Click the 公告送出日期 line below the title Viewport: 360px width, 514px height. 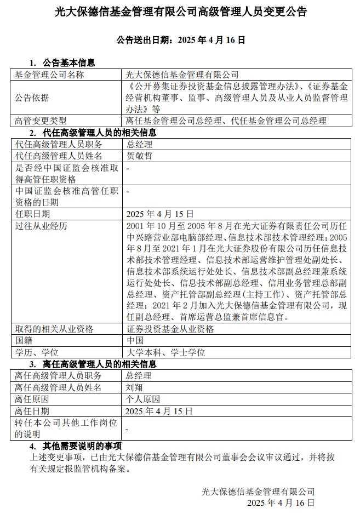click(181, 40)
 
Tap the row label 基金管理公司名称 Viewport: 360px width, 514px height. click(49, 75)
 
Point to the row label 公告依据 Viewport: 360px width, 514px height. click(32, 98)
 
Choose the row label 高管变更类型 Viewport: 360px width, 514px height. click(41, 121)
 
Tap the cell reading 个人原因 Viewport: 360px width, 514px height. click(141, 399)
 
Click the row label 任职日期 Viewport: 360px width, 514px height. click(32, 214)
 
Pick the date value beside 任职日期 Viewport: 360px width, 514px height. click(159, 214)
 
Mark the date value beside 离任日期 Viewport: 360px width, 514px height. click(159, 410)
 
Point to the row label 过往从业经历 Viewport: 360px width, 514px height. click(41, 225)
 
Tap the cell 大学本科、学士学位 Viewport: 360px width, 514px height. click(165, 352)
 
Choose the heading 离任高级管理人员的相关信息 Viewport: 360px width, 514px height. click(96, 364)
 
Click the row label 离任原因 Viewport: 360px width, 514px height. click(32, 399)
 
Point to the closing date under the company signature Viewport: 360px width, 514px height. click(281, 502)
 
